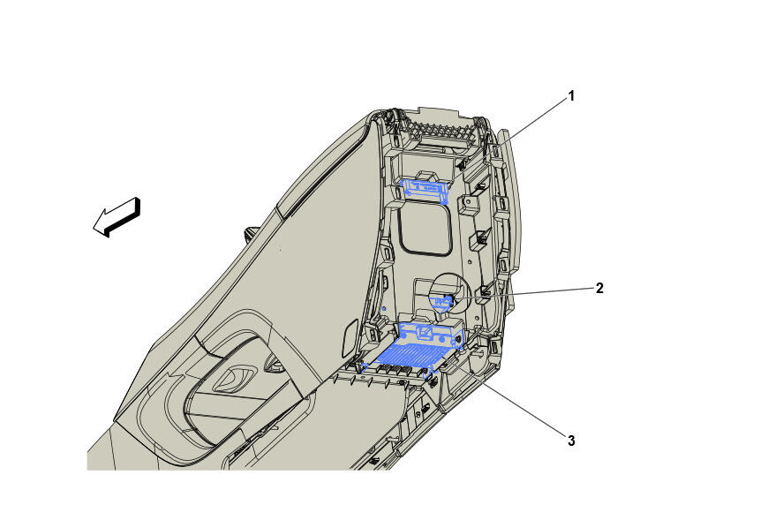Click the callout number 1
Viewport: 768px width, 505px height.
click(570, 96)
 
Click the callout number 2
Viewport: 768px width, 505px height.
click(599, 288)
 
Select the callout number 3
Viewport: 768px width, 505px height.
click(571, 441)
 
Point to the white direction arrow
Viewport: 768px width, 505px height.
click(117, 217)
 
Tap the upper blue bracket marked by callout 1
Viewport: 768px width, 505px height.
click(425, 190)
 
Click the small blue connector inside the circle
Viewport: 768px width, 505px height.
click(443, 303)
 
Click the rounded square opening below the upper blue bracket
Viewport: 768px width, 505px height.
click(425, 229)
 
